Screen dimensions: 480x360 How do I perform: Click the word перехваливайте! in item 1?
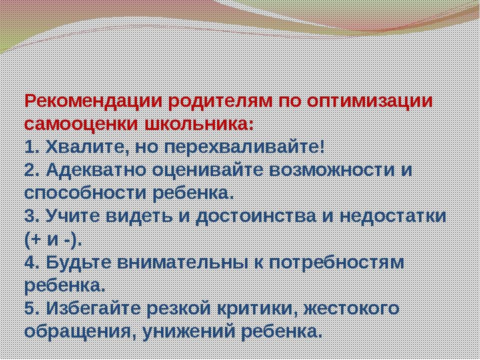coord(244,148)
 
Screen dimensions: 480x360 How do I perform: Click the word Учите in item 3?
coord(73,216)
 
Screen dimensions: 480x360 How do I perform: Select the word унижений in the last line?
coord(187,331)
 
